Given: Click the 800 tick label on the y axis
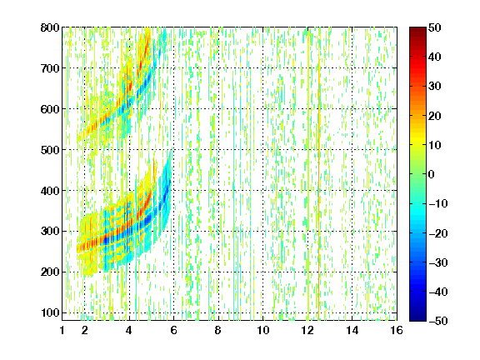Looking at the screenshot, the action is (x=50, y=27).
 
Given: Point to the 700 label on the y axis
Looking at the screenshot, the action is (x=50, y=68).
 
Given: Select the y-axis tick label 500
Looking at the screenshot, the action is (x=50, y=150).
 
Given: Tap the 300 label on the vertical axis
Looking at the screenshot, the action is (x=50, y=232).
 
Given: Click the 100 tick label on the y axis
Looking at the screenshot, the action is (x=50, y=312).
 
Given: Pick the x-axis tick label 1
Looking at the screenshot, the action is (x=62, y=330).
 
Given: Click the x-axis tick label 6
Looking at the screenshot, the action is (x=173, y=330).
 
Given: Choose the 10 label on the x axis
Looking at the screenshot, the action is (x=263, y=330).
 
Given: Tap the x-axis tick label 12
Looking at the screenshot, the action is (x=307, y=330).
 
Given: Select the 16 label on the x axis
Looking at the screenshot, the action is (x=397, y=330).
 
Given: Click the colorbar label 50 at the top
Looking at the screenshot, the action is (x=434, y=27).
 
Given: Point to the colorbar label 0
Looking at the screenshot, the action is (x=432, y=174).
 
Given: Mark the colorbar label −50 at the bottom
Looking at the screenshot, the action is (x=438, y=321).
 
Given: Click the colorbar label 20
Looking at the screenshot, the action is (x=434, y=116).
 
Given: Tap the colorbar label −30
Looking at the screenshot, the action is (x=438, y=262).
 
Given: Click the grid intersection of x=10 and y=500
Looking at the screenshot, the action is (x=263, y=150).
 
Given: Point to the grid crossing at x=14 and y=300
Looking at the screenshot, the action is (x=352, y=231).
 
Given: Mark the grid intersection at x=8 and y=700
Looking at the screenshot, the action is (x=218, y=68).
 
